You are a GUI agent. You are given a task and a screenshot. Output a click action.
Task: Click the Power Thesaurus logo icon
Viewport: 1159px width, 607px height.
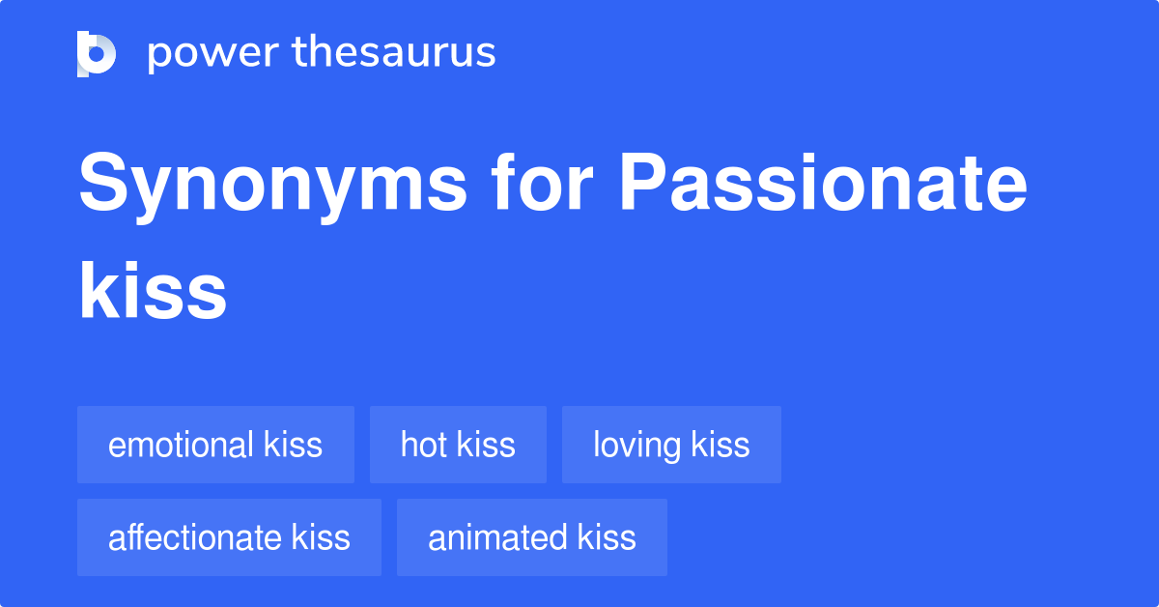click(x=97, y=53)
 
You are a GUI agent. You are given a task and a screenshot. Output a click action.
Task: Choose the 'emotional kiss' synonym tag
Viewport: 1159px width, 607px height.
click(x=215, y=445)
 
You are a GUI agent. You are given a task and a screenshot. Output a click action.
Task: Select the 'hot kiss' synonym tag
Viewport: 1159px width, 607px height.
click(x=458, y=445)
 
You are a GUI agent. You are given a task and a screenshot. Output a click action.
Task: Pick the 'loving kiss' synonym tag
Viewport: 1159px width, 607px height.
click(x=671, y=445)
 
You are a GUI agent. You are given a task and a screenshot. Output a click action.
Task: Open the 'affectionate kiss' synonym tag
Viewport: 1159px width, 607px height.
click(x=229, y=537)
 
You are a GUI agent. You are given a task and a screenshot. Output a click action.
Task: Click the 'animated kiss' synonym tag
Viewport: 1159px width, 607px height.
click(x=532, y=537)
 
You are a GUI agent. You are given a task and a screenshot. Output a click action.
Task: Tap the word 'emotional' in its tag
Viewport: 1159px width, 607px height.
click(x=181, y=445)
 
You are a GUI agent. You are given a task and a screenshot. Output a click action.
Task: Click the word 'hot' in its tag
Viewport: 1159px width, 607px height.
click(x=423, y=445)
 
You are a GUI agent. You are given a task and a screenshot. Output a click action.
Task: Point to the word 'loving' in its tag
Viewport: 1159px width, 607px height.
click(x=637, y=446)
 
